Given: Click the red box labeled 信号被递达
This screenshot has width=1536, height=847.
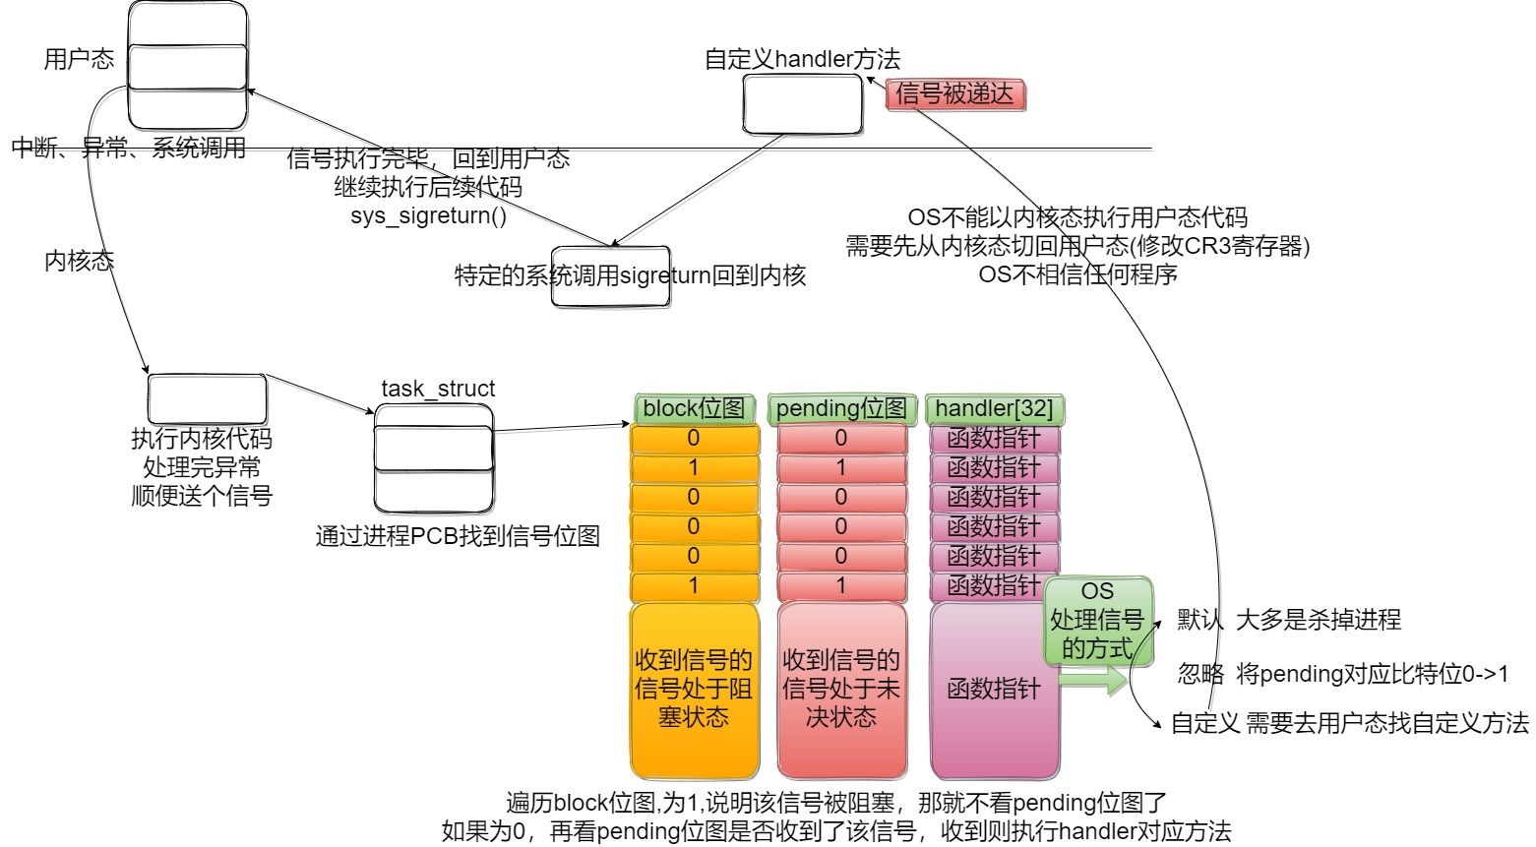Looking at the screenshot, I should click(954, 94).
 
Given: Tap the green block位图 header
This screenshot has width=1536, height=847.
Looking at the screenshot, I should click(694, 408).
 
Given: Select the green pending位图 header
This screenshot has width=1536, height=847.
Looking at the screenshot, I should click(840, 408).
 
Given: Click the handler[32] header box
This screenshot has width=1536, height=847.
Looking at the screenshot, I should click(994, 408).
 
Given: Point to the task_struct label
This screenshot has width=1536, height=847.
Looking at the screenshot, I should click(438, 389).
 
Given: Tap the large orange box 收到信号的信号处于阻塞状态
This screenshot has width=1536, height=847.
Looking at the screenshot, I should click(694, 690).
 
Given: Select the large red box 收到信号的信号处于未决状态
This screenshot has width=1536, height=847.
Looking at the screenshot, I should click(840, 690).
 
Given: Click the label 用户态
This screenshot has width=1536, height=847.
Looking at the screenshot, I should click(79, 59).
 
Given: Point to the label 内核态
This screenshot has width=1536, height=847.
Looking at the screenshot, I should click(79, 261).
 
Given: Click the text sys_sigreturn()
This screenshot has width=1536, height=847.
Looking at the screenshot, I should click(428, 215).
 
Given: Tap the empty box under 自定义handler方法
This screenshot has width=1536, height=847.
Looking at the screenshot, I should click(802, 104).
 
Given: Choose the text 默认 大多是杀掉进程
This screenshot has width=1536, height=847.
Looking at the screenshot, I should click(1289, 620).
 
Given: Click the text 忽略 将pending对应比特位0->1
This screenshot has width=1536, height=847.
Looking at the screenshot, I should click(1342, 674).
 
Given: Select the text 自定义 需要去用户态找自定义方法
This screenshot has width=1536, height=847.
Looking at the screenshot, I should click(1349, 724).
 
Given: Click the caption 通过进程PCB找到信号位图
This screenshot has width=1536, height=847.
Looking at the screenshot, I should click(458, 536).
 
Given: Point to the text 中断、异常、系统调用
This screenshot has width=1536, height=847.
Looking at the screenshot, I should click(128, 149).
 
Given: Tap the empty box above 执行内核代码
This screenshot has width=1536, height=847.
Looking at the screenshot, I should click(207, 399).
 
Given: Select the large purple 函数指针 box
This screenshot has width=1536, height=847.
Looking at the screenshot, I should click(994, 690).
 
